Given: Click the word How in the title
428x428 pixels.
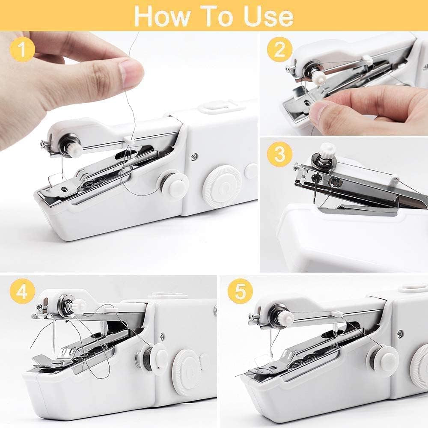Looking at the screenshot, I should (159, 16).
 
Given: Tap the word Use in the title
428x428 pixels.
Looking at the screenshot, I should (268, 16).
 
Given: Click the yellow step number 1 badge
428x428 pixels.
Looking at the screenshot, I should (22, 50).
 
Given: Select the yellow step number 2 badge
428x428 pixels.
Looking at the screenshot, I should (279, 50).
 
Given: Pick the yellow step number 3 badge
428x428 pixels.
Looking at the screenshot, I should (279, 155).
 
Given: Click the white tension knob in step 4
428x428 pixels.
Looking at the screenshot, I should (78, 306).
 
